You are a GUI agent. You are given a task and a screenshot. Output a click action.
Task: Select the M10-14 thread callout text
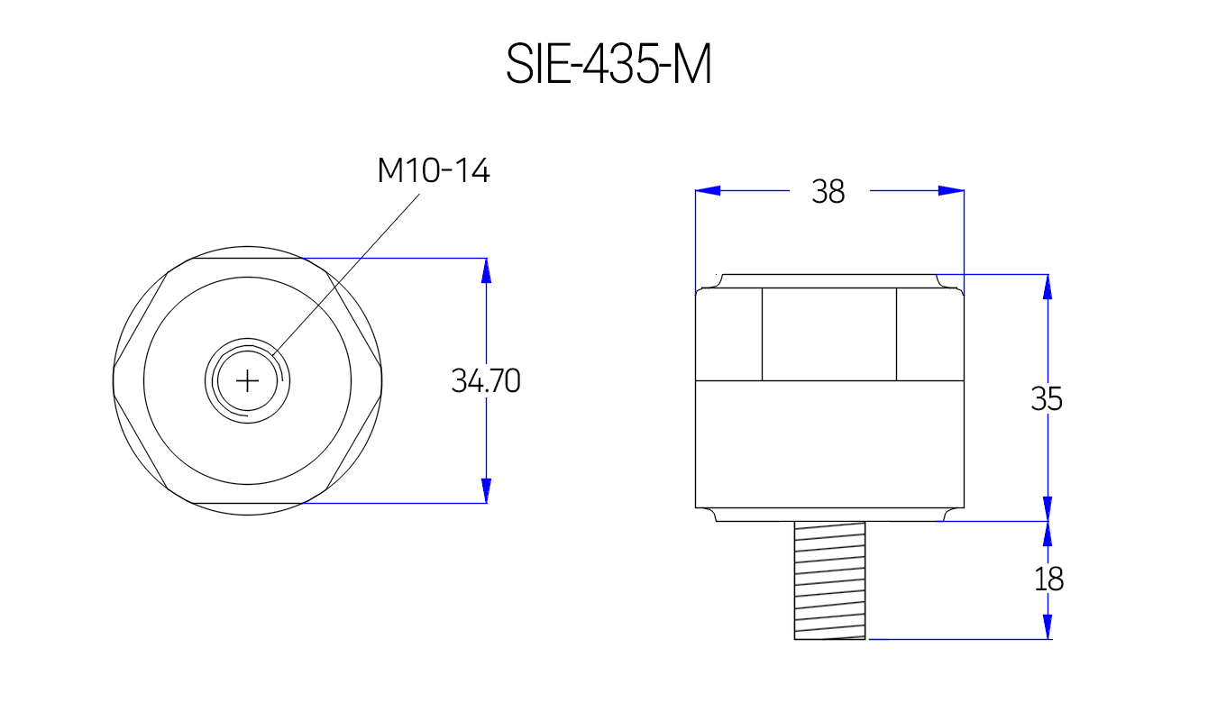pos(434,170)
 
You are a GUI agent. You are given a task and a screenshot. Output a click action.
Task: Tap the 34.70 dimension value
pos(486,381)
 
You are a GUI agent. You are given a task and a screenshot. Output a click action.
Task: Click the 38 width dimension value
pos(828,191)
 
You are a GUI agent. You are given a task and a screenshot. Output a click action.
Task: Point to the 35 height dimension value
pos(1047,398)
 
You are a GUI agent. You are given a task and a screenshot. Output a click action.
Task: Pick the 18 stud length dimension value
pos(1048,580)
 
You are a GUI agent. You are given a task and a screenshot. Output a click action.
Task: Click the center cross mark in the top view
pos(247,381)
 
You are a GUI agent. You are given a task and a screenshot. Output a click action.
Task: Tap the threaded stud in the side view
pos(829,580)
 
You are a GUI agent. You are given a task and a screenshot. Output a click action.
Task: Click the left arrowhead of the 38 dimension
pos(709,191)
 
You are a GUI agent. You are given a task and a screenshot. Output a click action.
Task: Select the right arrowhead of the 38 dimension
pos(951,191)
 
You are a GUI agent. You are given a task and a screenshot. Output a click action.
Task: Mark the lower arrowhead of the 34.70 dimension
pos(486,490)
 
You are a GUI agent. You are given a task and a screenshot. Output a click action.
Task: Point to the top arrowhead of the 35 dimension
pos(1048,287)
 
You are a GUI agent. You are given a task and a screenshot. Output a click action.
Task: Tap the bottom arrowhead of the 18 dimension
pos(1048,626)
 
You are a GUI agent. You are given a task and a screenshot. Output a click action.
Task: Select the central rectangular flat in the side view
pos(829,334)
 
